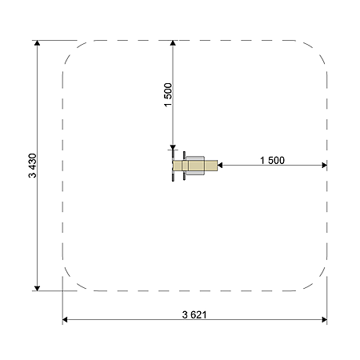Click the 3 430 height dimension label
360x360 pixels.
click(32, 166)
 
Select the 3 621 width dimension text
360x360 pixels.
click(194, 314)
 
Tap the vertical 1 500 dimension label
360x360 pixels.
click(168, 95)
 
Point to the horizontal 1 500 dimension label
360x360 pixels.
click(272, 160)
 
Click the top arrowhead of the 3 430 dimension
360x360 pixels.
click(38, 43)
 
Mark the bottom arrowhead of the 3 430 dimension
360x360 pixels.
click(38, 288)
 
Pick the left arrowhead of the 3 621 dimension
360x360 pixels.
click(65, 319)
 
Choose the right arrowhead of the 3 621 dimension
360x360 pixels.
click(325, 319)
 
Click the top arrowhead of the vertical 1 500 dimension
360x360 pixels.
click(173, 43)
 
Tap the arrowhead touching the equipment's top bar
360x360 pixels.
click(173, 147)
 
